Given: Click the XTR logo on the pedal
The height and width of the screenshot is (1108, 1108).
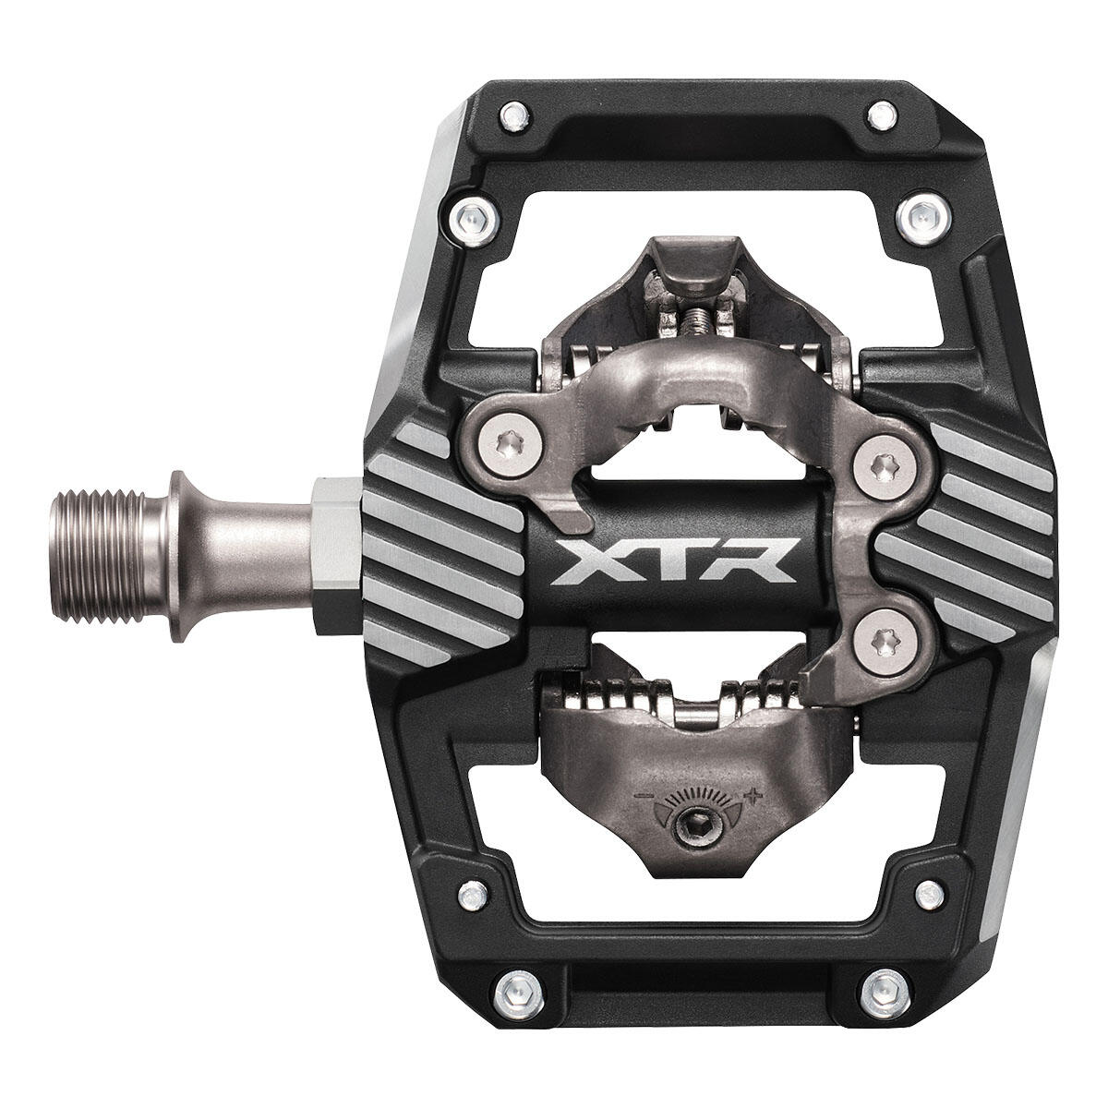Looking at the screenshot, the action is point(674,561).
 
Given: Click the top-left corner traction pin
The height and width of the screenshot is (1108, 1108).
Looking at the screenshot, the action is point(514,115).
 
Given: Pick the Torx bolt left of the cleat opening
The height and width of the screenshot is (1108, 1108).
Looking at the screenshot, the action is point(507,444).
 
